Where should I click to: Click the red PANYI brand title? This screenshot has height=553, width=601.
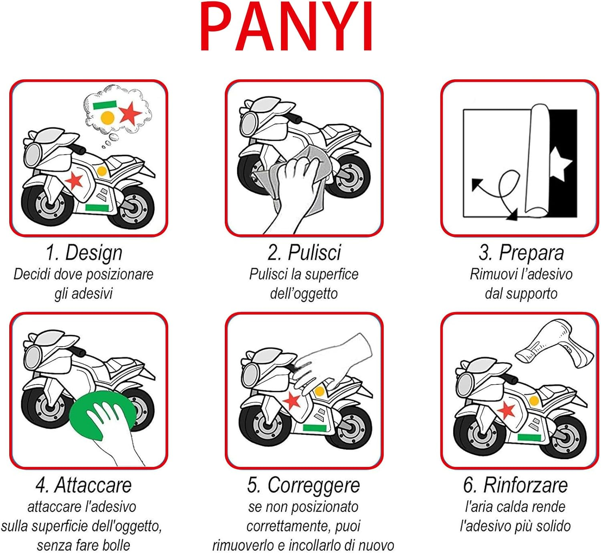286,27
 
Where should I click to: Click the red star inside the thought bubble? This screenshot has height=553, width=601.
130,113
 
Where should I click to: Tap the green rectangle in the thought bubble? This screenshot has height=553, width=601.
104,105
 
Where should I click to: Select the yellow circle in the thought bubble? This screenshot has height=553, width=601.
107,118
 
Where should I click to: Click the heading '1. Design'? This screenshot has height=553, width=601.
84,253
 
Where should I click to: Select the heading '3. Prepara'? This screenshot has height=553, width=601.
521,253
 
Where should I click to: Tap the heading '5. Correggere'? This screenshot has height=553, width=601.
303,485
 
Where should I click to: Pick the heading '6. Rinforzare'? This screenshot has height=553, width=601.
515,485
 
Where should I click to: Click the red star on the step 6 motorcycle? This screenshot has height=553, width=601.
507,410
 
